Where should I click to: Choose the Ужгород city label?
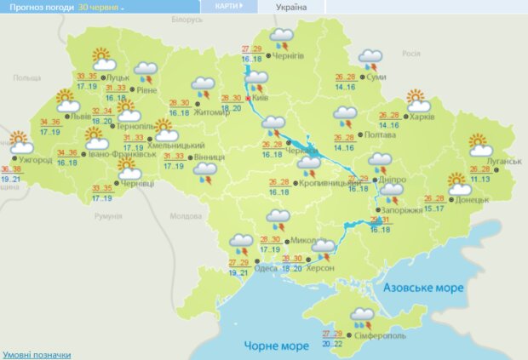click(34, 159)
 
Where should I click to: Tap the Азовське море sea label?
click(424, 288)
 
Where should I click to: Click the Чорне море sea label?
click(275, 346)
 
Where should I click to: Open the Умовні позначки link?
click(36, 354)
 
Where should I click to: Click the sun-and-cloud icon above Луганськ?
click(479, 144)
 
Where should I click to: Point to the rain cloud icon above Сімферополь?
click(362, 317)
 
